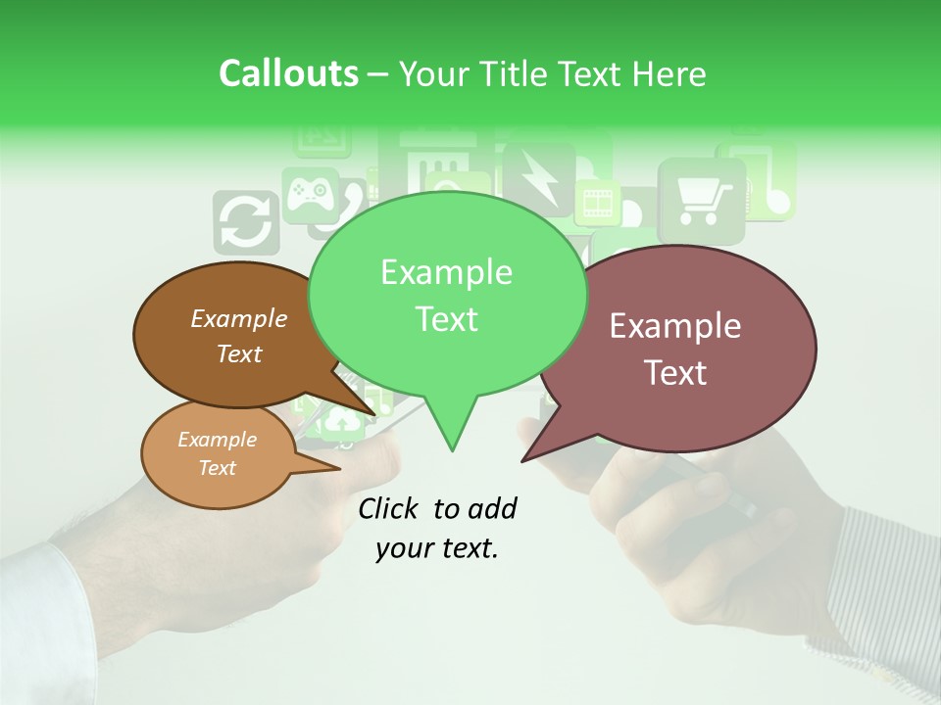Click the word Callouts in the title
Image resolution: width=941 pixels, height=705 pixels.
coord(288,73)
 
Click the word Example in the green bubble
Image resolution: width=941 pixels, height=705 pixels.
coord(446,272)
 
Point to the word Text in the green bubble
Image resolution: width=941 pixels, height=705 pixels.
coord(446,318)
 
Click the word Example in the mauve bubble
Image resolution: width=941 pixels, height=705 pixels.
coord(675,326)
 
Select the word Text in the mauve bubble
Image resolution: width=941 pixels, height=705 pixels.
coord(675,372)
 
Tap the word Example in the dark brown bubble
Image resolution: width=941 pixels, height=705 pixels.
coord(238,318)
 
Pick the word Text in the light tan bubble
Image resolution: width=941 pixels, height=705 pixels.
coord(217,468)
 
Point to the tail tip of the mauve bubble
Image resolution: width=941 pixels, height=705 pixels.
coord(524,458)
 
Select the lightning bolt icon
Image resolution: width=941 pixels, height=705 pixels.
coord(538,177)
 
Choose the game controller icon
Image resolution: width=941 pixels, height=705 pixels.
coord(310,190)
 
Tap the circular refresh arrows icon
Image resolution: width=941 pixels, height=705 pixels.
coord(245,223)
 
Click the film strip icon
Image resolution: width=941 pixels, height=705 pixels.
coord(596,204)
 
